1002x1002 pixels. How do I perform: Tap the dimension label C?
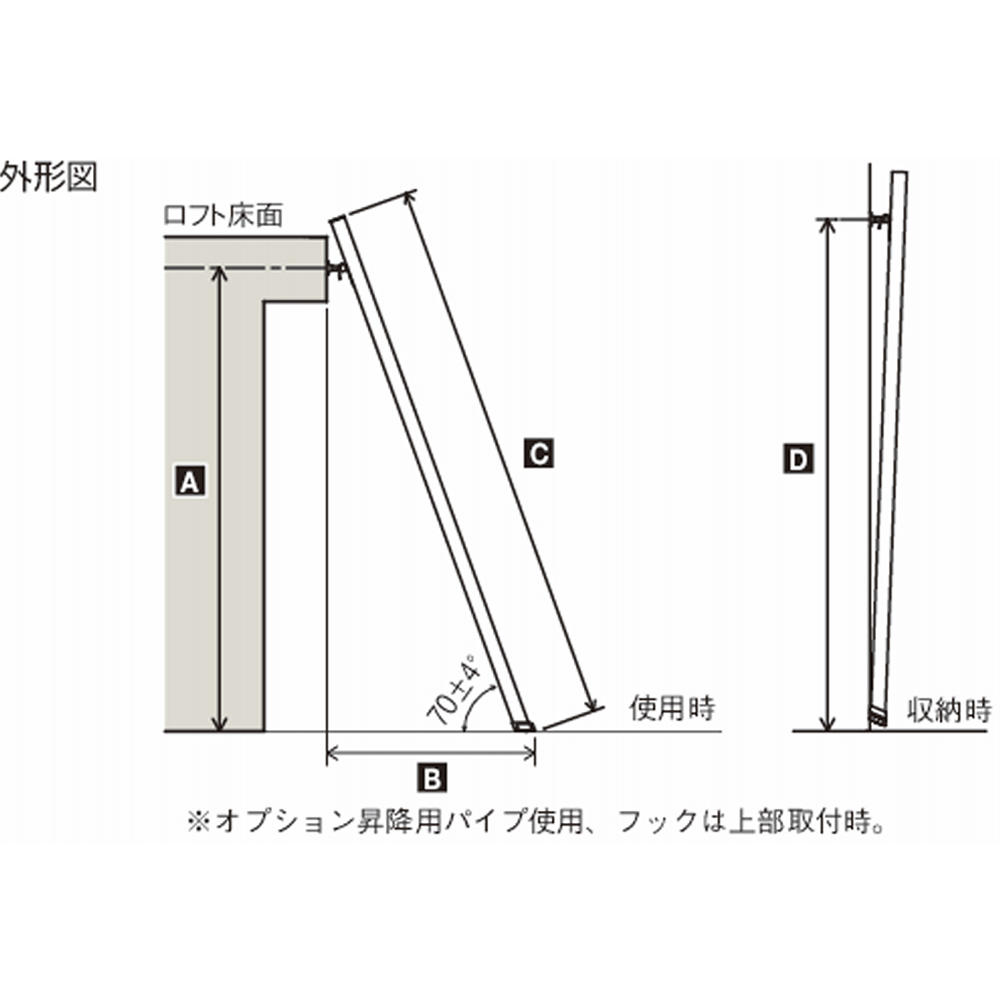(x=538, y=454)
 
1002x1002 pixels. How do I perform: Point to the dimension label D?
(x=798, y=459)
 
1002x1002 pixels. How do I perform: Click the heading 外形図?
(x=49, y=177)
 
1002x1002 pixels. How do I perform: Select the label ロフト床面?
(x=223, y=216)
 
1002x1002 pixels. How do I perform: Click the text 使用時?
(x=672, y=708)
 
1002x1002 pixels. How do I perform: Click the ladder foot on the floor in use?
(x=524, y=726)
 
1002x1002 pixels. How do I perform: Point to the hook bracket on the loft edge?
(x=338, y=270)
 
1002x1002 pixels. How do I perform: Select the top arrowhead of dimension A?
(x=221, y=273)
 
